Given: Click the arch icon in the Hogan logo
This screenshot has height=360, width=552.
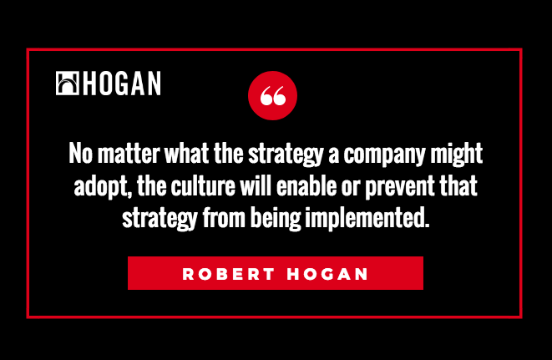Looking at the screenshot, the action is pyautogui.click(x=68, y=84).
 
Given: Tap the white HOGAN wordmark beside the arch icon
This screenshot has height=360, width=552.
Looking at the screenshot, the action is pyautogui.click(x=122, y=84).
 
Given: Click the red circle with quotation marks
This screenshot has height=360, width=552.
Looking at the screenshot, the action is pyautogui.click(x=272, y=95).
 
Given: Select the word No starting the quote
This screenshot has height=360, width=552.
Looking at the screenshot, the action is pyautogui.click(x=81, y=153).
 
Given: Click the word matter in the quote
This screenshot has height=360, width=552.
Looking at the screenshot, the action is pyautogui.click(x=129, y=153).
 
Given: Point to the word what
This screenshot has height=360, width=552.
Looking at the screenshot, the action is pyautogui.click(x=186, y=153).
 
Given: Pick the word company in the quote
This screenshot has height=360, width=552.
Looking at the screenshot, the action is pyautogui.click(x=384, y=155).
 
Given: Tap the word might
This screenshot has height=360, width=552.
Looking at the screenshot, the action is pyautogui.click(x=457, y=155).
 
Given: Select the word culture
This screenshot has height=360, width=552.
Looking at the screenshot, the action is pyautogui.click(x=203, y=185).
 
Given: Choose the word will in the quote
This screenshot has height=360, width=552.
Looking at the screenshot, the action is pyautogui.click(x=256, y=185).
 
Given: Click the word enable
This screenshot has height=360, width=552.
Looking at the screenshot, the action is pyautogui.click(x=306, y=185).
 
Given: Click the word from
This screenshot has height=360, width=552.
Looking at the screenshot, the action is pyautogui.click(x=224, y=218).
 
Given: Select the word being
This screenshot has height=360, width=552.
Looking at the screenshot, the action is pyautogui.click(x=276, y=219).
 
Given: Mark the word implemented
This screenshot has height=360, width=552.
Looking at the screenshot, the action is pyautogui.click(x=367, y=219).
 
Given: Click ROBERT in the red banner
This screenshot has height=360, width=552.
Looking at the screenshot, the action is pyautogui.click(x=229, y=274).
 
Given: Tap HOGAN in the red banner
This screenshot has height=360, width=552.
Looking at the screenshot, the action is pyautogui.click(x=327, y=274).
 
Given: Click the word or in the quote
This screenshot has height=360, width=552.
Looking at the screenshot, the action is pyautogui.click(x=351, y=188).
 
